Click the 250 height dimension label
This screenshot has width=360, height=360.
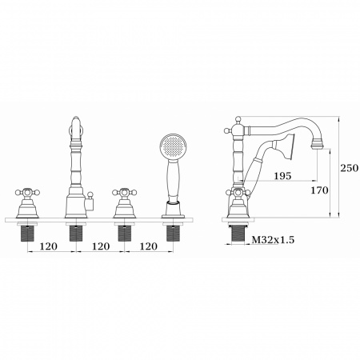[349, 168]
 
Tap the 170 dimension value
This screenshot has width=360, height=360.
[319, 190]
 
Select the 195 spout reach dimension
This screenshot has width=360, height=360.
[283, 176]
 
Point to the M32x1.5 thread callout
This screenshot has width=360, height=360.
[273, 240]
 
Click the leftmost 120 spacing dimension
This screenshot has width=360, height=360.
[49, 246]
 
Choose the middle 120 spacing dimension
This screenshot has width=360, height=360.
[101, 246]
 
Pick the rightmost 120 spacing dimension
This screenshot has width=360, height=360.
[149, 246]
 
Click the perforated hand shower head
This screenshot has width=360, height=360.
[174, 146]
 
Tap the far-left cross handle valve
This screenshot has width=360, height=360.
[27, 203]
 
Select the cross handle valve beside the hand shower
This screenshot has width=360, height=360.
[125, 203]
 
